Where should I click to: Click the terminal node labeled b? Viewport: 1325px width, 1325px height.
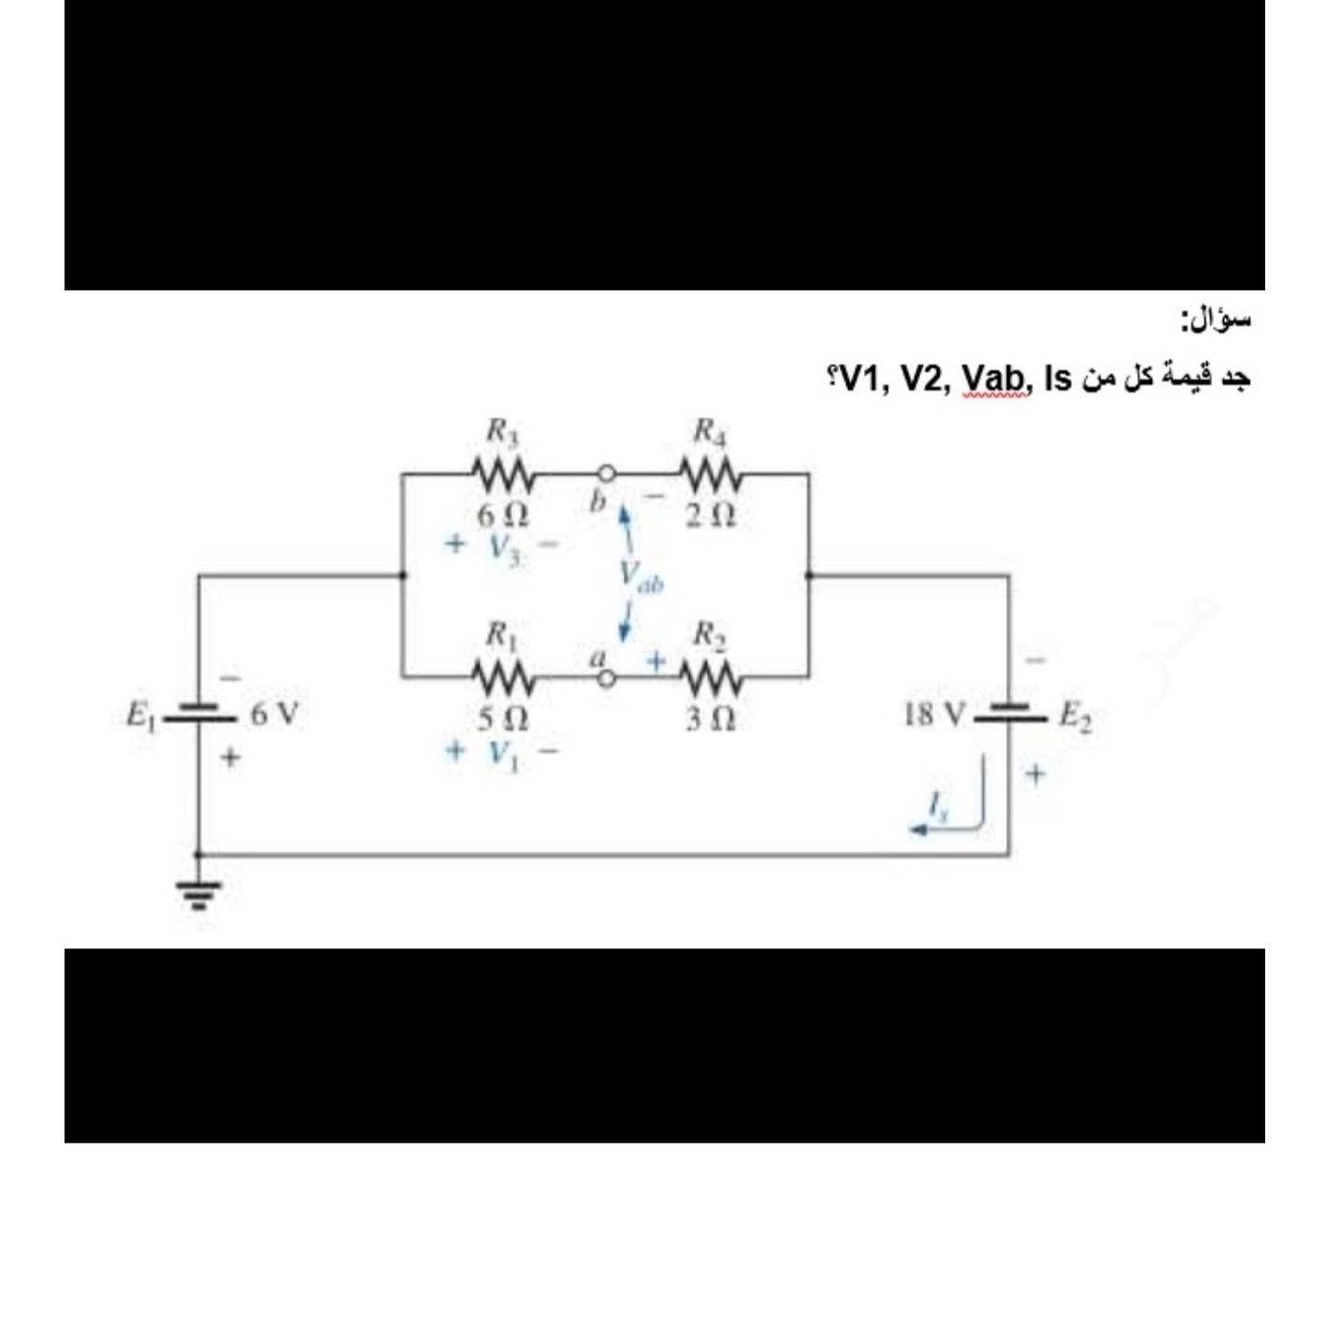point(607,473)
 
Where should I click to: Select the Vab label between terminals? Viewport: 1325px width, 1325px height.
point(640,575)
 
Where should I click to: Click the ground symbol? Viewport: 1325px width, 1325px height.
point(197,894)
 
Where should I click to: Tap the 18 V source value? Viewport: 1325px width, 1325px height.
point(935,715)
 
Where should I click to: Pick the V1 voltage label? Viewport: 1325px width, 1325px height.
point(502,752)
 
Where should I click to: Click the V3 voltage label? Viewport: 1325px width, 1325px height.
point(503,546)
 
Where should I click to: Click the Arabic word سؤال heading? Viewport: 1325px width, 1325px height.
point(1216,321)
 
